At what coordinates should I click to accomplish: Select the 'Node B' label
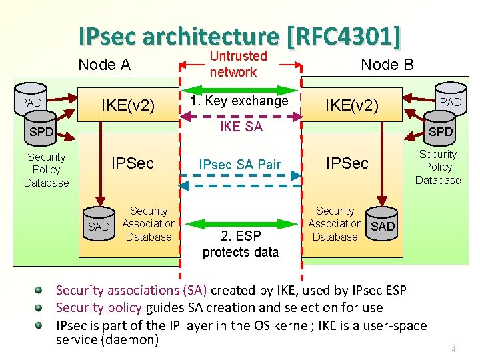[387, 65]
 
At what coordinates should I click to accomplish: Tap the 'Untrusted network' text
[238, 64]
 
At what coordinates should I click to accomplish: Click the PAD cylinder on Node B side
[451, 101]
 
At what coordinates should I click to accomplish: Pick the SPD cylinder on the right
[440, 131]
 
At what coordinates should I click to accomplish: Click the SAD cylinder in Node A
[99, 226]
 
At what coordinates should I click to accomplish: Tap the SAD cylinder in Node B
[383, 226]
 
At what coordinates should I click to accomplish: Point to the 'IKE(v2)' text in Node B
[351, 105]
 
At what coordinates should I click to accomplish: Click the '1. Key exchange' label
[239, 101]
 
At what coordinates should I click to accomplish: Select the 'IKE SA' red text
[241, 127]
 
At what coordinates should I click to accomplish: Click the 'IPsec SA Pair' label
[240, 164]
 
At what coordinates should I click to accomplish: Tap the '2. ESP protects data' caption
[240, 244]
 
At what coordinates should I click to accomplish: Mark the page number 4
[453, 349]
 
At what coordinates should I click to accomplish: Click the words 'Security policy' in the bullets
[99, 307]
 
